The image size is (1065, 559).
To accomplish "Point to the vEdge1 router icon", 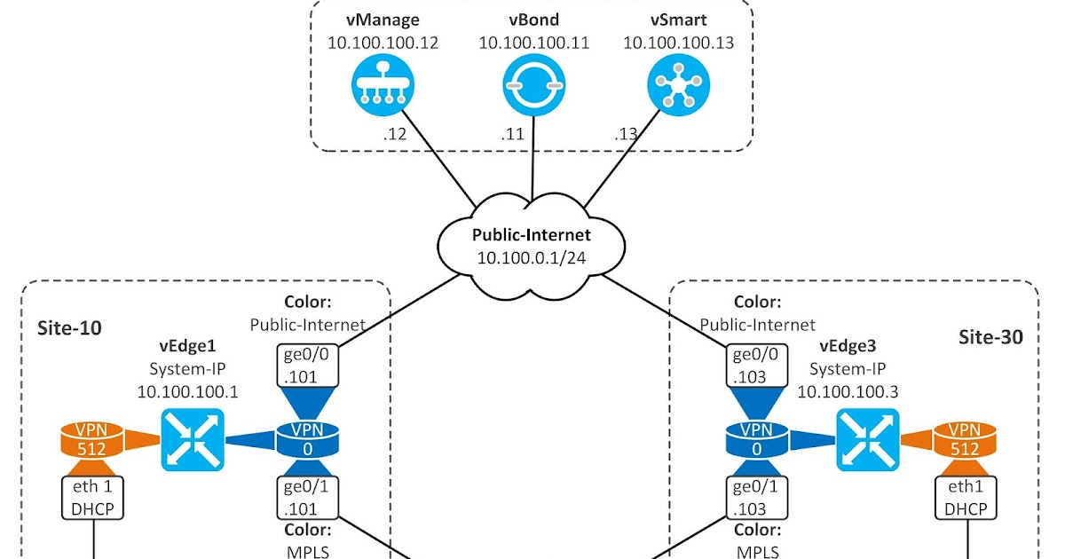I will point(193,439).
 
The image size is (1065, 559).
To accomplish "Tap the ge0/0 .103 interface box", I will point(756,364).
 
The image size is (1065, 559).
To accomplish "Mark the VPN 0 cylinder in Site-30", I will point(757,438).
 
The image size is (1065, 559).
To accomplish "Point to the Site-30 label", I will point(990,337).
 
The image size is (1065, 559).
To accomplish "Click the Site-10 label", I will point(69,328).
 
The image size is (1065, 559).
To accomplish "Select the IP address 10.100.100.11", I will point(534,42).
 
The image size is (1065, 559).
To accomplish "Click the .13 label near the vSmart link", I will point(626,136).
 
